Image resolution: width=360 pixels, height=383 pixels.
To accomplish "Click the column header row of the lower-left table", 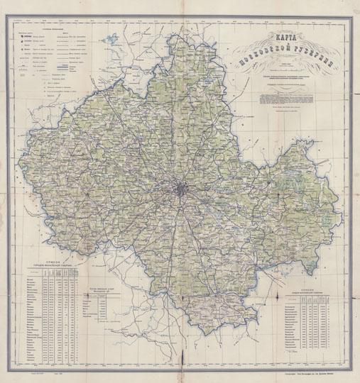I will (57, 271).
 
